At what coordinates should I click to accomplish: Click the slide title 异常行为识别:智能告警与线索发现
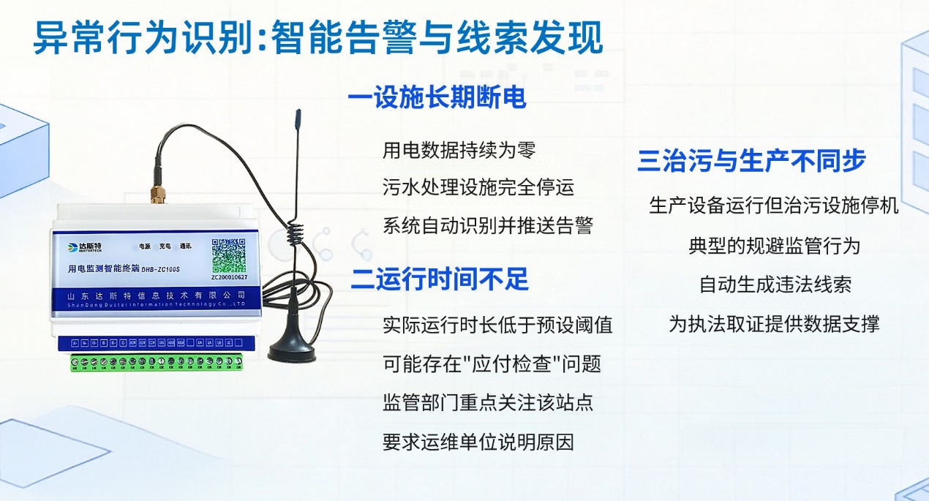click(x=318, y=38)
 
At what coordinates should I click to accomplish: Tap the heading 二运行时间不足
click(x=439, y=279)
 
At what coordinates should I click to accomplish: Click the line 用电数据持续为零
click(x=459, y=151)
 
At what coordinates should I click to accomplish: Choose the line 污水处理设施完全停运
click(x=478, y=187)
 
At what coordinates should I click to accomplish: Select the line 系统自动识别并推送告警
click(x=487, y=225)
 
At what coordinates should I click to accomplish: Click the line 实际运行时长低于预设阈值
click(x=497, y=325)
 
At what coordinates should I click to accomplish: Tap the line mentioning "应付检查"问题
click(x=492, y=363)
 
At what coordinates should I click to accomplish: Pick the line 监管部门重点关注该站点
click(x=487, y=402)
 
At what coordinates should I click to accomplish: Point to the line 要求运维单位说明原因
click(x=478, y=442)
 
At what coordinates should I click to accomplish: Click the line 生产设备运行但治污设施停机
click(x=774, y=206)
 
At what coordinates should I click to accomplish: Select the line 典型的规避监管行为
click(x=774, y=245)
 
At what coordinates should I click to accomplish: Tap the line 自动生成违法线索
click(x=775, y=284)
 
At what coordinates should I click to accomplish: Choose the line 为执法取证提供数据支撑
click(x=774, y=323)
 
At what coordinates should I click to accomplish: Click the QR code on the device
click(x=229, y=255)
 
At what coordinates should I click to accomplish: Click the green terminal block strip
click(x=157, y=362)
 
